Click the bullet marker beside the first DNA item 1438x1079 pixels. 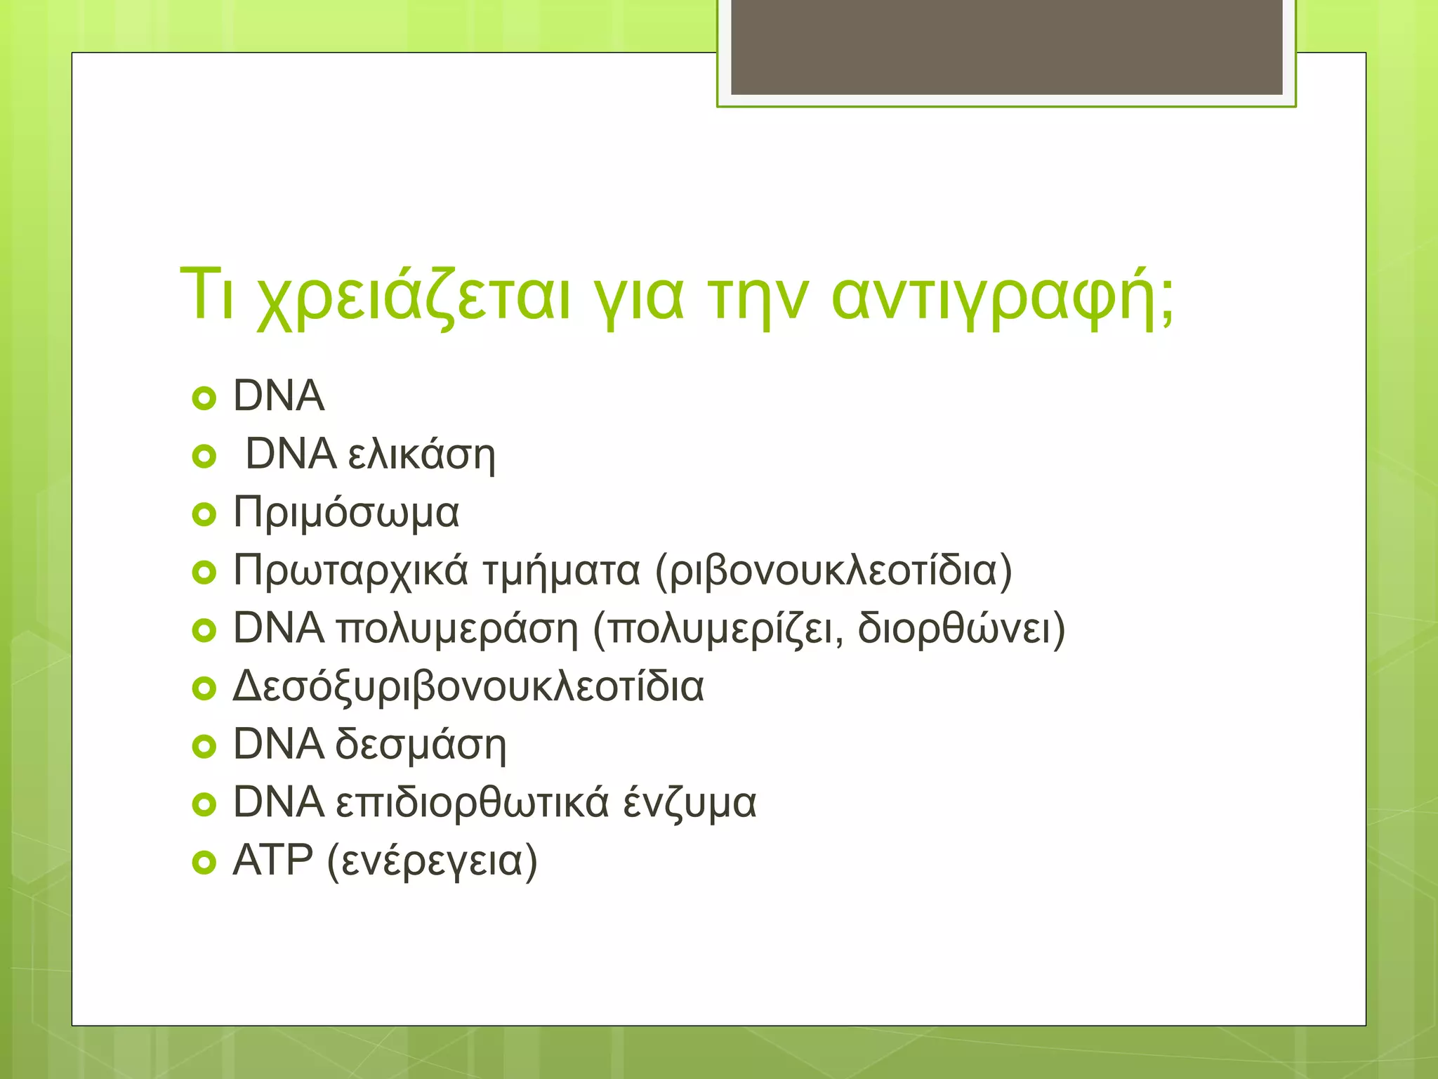coord(204,399)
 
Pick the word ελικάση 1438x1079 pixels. coord(421,455)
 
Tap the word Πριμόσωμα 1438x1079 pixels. coord(346,513)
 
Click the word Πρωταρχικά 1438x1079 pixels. coord(350,570)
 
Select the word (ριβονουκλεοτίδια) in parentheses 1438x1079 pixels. coord(833,570)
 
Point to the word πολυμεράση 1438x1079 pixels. coord(457,629)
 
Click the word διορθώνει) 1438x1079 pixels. coord(961,629)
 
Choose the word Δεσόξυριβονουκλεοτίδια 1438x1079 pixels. coord(468,687)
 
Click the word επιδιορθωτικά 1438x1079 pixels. coord(472,803)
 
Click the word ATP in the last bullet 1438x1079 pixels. coord(272,861)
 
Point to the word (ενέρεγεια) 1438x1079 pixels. coord(433,862)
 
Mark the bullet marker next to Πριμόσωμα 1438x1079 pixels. coord(204,516)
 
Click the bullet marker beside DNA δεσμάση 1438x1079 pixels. coord(204,747)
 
